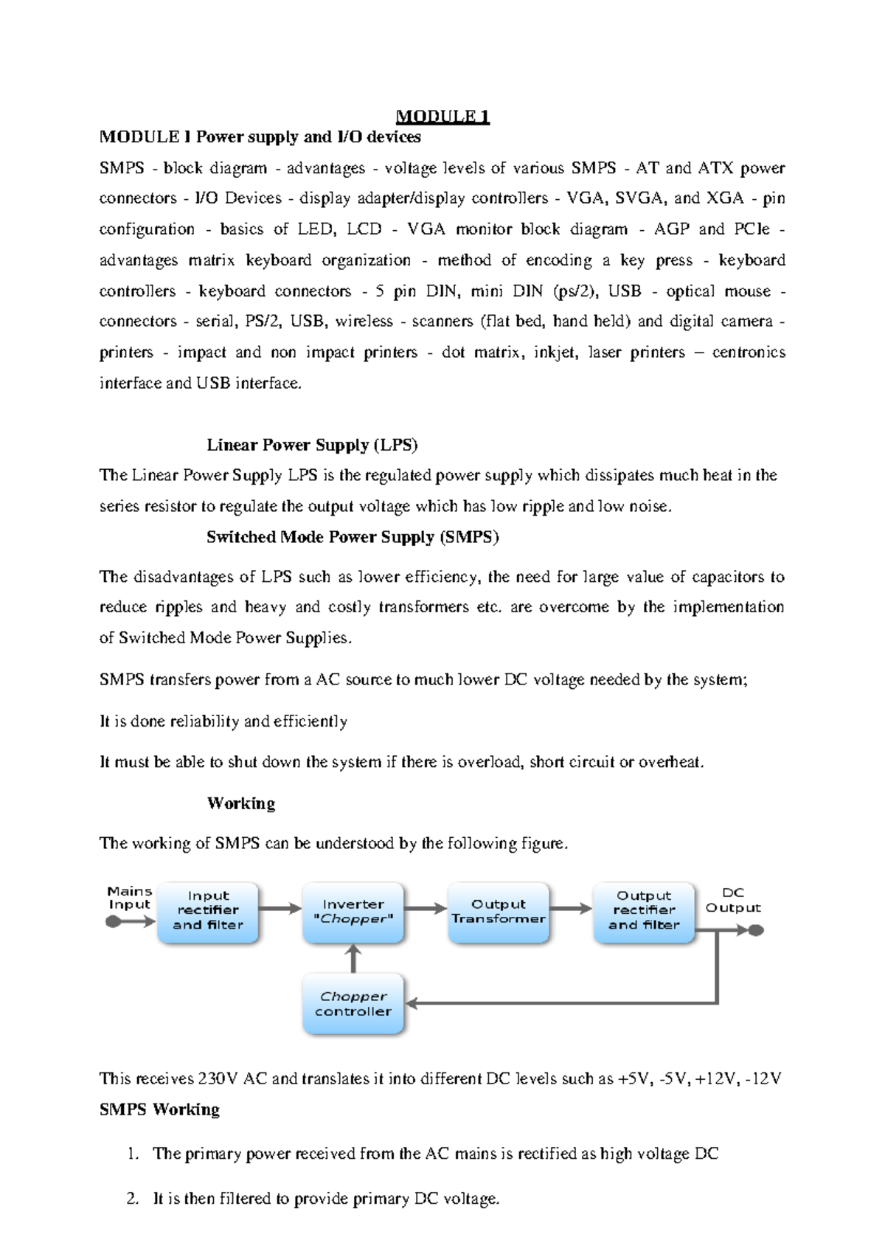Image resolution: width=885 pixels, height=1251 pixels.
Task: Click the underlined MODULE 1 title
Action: tap(442, 117)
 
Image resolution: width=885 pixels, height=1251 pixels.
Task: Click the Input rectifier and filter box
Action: tap(208, 912)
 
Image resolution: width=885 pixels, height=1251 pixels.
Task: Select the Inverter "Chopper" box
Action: tap(353, 912)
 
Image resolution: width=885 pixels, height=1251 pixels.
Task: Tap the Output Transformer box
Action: tap(499, 912)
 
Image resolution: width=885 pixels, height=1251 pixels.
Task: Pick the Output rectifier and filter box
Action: tap(644, 912)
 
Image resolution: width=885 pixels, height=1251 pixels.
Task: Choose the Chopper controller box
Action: tap(353, 1004)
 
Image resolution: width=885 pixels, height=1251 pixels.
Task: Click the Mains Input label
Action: tap(129, 898)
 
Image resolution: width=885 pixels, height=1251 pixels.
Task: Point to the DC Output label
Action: tap(732, 900)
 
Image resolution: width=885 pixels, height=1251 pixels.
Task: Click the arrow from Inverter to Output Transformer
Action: tap(426, 909)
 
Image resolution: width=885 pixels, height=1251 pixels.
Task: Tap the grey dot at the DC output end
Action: tap(756, 931)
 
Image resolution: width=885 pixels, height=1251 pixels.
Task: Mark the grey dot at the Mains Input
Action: tap(113, 921)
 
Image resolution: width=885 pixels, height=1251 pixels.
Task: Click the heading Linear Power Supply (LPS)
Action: tap(312, 445)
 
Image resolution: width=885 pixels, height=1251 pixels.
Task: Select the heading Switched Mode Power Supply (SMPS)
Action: tap(353, 537)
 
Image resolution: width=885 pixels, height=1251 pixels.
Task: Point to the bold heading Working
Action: tap(241, 803)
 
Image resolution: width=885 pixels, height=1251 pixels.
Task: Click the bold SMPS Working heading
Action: tap(159, 1109)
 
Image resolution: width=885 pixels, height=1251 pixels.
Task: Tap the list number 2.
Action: tap(132, 1199)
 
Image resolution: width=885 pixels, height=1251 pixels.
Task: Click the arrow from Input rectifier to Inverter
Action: tap(281, 909)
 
